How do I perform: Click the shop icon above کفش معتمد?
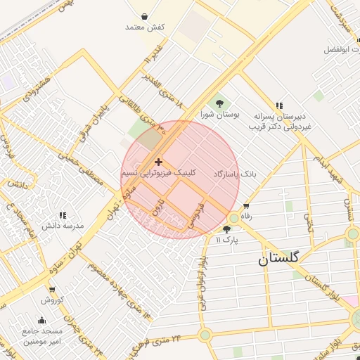pyautogui.click(x=144, y=16)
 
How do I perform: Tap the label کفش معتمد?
pyautogui.click(x=144, y=27)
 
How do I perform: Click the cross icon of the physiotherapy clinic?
pyautogui.click(x=158, y=162)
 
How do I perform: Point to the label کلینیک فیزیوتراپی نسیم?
pyautogui.click(x=159, y=172)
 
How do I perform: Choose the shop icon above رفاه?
pyautogui.click(x=246, y=206)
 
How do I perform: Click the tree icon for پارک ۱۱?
pyautogui.click(x=226, y=229)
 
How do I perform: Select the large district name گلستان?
pyautogui.click(x=278, y=259)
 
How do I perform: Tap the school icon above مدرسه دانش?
pyautogui.click(x=63, y=215)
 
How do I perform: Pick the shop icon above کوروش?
pyautogui.click(x=52, y=289)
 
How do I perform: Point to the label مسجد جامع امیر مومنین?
pyautogui.click(x=43, y=335)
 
